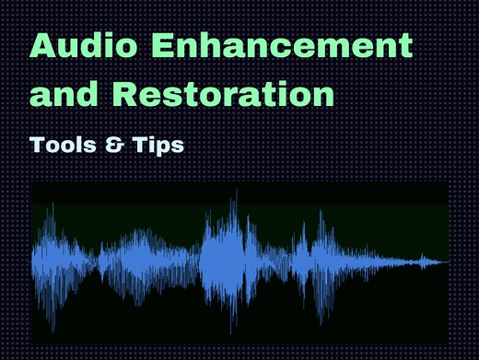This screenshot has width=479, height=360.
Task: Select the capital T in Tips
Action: pyautogui.click(x=140, y=145)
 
